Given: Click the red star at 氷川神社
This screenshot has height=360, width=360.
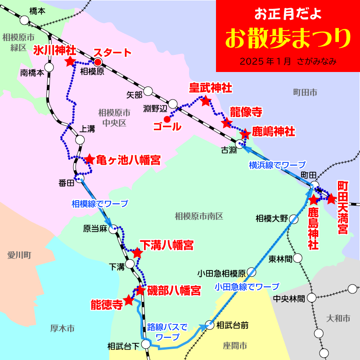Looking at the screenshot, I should (x=70, y=62).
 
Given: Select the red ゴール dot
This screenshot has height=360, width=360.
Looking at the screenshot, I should (x=167, y=119).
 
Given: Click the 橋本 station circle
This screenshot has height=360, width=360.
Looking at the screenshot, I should (x=24, y=20).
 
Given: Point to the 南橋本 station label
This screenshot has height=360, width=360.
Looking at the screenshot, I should (x=32, y=72).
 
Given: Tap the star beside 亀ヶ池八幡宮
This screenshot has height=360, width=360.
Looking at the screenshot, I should (x=90, y=159).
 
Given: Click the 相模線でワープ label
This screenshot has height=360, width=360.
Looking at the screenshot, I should (x=99, y=203).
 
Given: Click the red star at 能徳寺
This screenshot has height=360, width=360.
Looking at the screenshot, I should (x=129, y=300).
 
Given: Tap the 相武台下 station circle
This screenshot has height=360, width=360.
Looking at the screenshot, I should (x=146, y=344).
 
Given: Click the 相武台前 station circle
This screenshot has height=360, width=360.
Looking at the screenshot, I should (x=209, y=324).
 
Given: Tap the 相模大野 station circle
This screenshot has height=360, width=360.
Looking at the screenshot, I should (x=294, y=219).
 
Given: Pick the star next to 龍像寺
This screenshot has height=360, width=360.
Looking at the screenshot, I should (x=226, y=123).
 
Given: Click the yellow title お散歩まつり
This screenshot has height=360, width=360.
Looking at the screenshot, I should (x=288, y=39).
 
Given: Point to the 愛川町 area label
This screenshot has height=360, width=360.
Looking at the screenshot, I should (x=19, y=256).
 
